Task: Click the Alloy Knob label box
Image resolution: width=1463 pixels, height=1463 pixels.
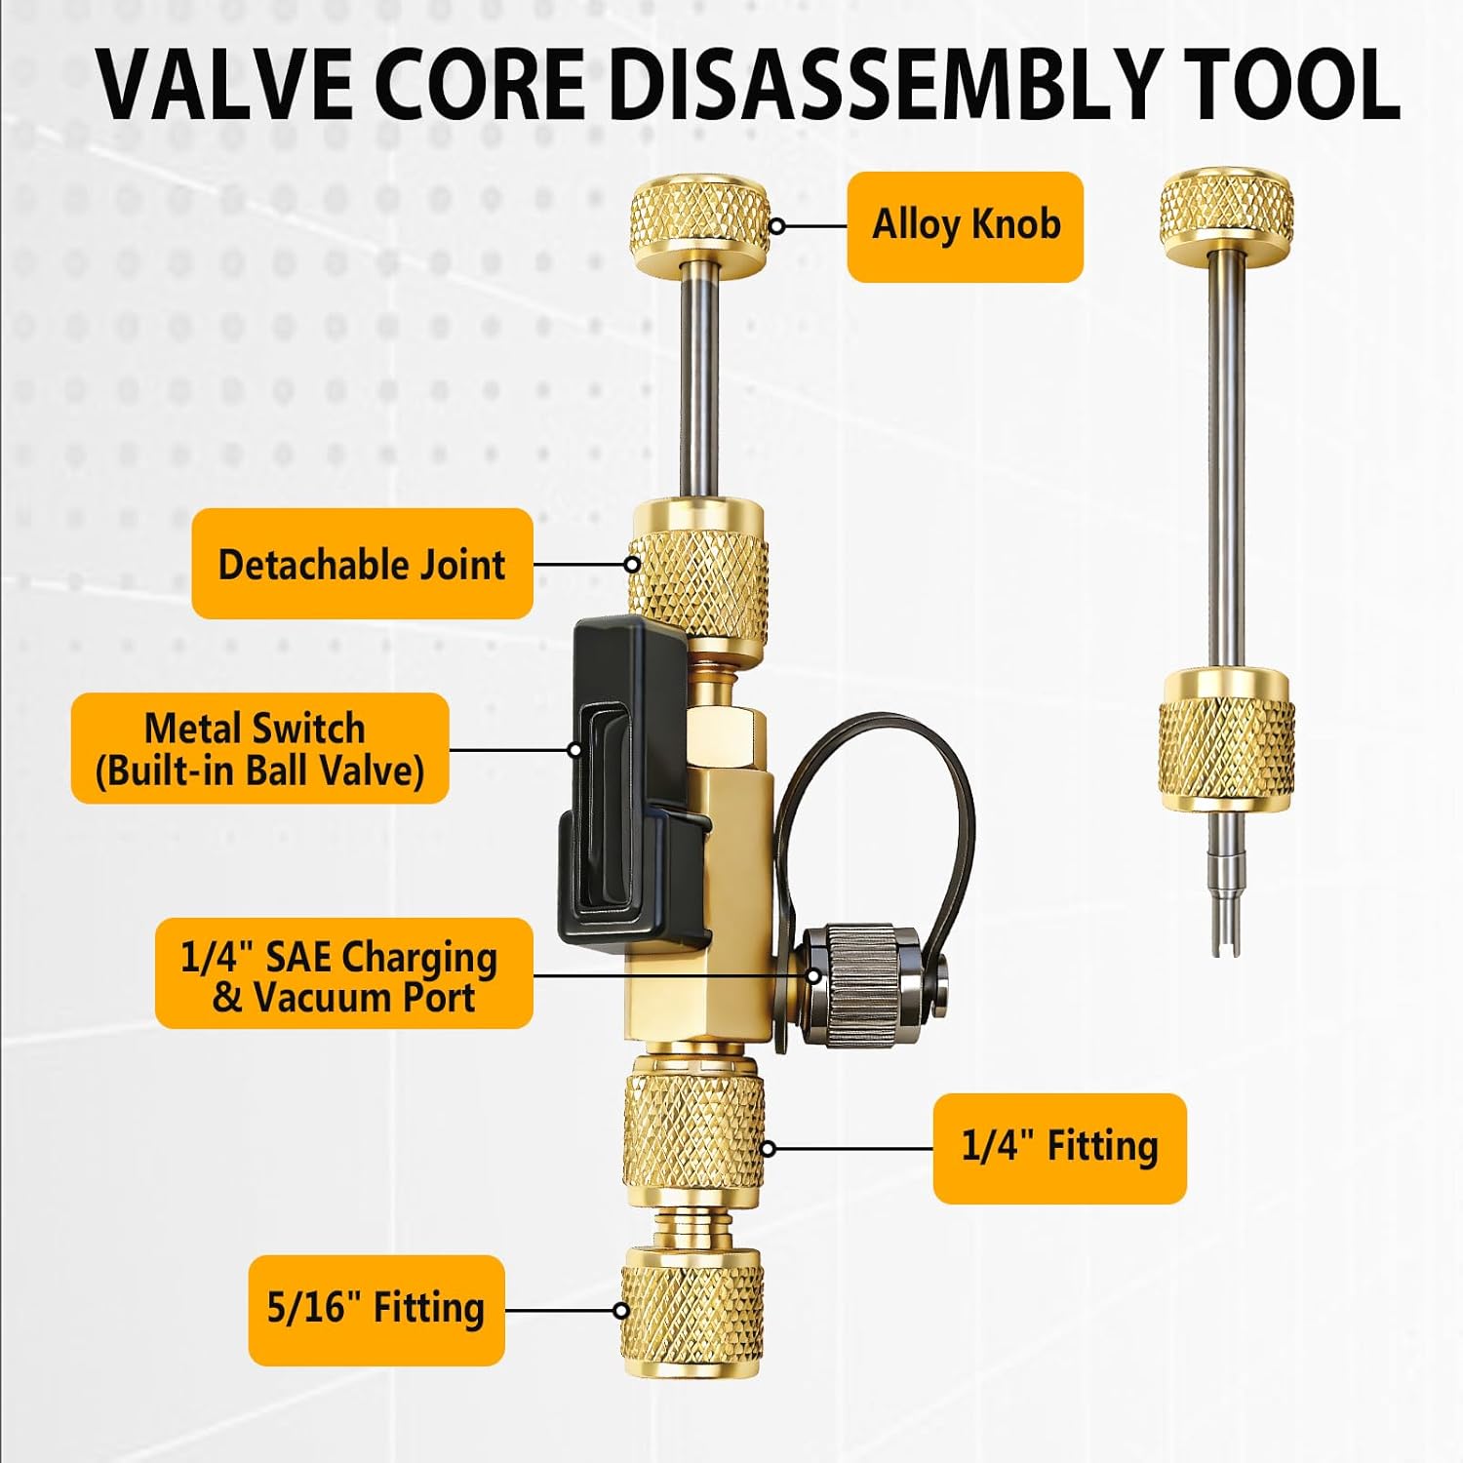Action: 965,226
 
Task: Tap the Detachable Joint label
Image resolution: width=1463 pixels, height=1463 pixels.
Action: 362,564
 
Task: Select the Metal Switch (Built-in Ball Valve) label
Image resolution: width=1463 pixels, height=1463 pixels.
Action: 259,749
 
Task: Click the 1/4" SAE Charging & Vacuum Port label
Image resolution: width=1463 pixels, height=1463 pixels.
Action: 343,973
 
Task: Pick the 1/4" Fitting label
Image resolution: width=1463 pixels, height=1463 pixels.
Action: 1059,1148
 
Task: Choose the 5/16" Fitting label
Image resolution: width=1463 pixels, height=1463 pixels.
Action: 376,1309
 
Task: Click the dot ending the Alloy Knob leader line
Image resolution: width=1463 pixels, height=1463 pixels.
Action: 777,226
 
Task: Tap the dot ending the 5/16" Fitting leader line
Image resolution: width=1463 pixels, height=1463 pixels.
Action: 621,1310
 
